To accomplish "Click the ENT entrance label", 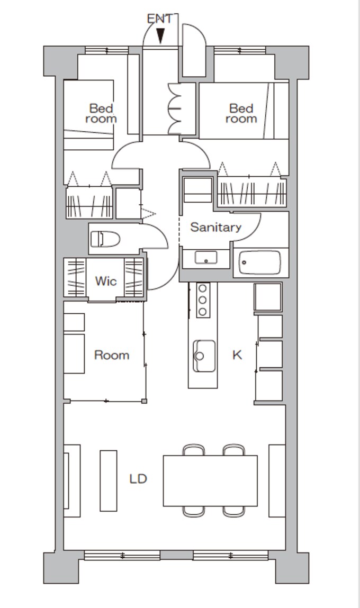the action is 159,19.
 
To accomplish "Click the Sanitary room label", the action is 215,227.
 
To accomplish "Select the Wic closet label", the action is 105,281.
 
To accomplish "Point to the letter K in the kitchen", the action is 237,355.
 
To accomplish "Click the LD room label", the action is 138,479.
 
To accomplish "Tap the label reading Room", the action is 112,355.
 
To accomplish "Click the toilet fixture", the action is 105,239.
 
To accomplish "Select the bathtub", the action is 259,262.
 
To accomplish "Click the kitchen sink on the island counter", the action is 204,356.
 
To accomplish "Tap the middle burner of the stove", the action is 202,300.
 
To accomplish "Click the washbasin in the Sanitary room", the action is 205,257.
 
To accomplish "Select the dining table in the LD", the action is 210,481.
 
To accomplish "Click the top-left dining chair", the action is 194,450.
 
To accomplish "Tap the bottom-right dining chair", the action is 234,512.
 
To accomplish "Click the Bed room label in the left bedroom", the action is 101,113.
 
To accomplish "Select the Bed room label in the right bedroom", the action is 241,113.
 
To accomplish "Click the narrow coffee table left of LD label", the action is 109,481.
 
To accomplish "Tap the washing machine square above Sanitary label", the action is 198,190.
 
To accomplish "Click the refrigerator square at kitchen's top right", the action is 268,297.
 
